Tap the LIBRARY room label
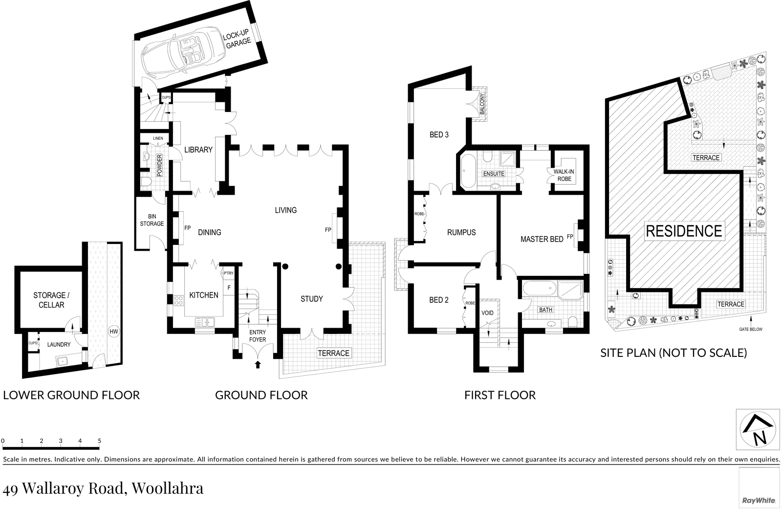click(x=198, y=150)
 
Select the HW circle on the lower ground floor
click(x=114, y=332)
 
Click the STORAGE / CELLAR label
click(x=51, y=300)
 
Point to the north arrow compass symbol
click(x=758, y=429)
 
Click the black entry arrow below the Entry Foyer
click(x=258, y=364)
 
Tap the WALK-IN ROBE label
click(x=564, y=176)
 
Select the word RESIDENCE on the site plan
click(x=684, y=231)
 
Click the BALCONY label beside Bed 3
click(x=482, y=104)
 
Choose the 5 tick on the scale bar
click(x=99, y=441)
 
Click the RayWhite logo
click(x=759, y=500)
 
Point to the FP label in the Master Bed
click(x=570, y=237)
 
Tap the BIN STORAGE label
click(x=152, y=220)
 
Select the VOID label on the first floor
click(x=487, y=313)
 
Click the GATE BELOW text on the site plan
click(x=750, y=330)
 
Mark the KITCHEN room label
click(x=204, y=295)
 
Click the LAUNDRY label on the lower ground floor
click(x=59, y=345)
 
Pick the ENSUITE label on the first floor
click(x=493, y=174)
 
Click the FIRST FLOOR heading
click(x=500, y=395)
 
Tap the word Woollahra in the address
click(x=168, y=488)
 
